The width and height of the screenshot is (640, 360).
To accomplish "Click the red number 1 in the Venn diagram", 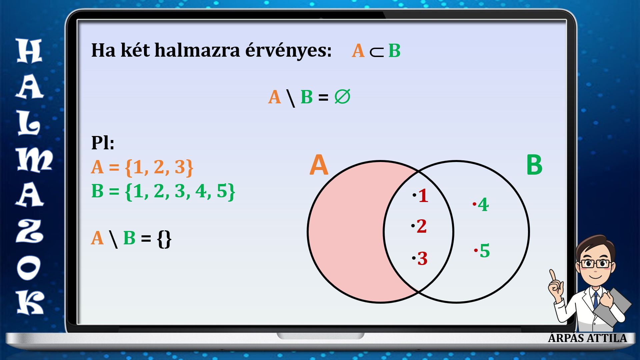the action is click(x=423, y=196).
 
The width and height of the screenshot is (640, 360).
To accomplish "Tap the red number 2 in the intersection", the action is click(x=422, y=226).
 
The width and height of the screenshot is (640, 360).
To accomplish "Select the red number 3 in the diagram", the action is click(x=422, y=259).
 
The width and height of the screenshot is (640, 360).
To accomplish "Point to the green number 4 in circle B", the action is click(x=483, y=205).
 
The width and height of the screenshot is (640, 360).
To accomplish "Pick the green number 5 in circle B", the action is click(x=485, y=251).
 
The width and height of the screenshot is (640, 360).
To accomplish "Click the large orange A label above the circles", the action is click(x=319, y=165).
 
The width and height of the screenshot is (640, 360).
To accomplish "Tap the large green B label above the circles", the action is click(x=534, y=165).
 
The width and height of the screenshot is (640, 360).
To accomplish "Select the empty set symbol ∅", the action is click(x=342, y=97).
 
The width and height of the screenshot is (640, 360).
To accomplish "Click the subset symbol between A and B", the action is click(x=377, y=51).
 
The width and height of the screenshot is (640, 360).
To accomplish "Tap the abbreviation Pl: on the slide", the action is click(x=103, y=143).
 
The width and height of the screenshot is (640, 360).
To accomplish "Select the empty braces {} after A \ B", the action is click(x=164, y=239).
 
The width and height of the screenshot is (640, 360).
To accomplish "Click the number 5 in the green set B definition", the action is click(x=222, y=191).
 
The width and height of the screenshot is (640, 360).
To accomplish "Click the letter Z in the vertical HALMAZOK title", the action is click(x=30, y=232).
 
